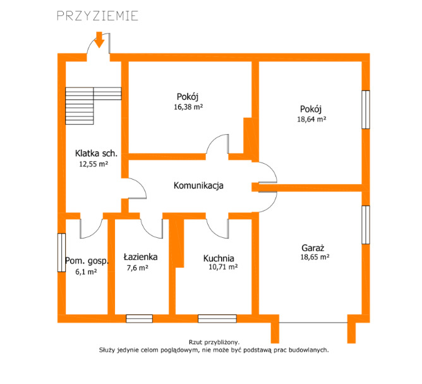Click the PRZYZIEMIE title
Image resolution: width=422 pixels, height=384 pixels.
coord(98,16)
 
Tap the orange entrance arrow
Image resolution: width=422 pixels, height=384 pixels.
coord(99,40)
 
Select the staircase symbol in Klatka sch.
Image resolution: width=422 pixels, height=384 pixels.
coord(93,106)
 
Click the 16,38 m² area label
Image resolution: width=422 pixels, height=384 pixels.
coord(188,107)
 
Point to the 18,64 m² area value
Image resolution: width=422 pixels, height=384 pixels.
coord(311,119)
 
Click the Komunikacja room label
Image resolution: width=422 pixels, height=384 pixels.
coord(198,185)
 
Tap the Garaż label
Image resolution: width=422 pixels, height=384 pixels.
coord(313,247)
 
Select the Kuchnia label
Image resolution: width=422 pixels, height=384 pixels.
coord(219,259)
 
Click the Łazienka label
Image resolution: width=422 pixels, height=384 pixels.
coord(140,257)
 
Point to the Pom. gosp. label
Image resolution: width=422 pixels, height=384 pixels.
coord(87,261)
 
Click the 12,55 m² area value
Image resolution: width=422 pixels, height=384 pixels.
coord(93,164)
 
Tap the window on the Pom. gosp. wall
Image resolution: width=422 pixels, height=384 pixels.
coord(62,252)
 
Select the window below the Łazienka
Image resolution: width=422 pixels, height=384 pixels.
coord(140,318)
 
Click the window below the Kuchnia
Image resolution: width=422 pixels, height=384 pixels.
coord(217,318)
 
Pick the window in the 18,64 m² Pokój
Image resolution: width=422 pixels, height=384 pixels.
coord(366,109)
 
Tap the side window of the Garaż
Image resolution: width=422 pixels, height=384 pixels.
coord(366,225)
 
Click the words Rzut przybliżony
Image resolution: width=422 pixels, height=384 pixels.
coord(214,342)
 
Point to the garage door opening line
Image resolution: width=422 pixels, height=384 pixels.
coord(313,323)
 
